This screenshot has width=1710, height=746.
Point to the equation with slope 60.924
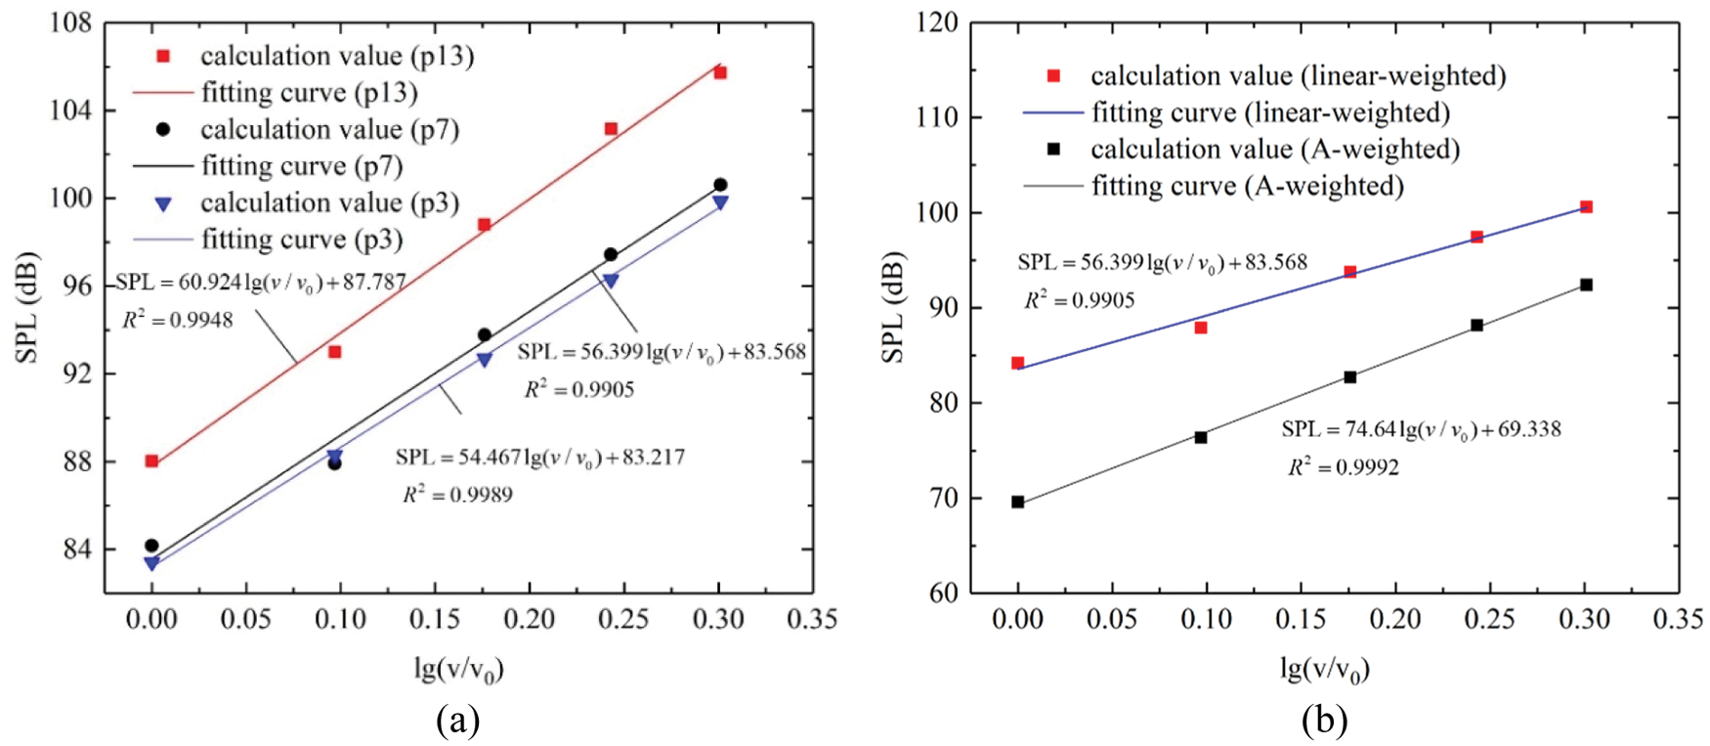(260, 284)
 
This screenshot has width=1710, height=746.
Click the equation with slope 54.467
(540, 458)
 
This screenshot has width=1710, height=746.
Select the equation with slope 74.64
(1421, 429)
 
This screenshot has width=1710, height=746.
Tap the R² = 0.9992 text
(1343, 467)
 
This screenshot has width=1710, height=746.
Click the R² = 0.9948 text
(178, 319)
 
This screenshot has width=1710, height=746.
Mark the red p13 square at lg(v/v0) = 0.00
(151, 461)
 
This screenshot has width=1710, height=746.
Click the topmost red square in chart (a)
(720, 72)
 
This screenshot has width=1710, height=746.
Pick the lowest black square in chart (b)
(1017, 502)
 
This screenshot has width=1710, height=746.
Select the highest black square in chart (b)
(1586, 285)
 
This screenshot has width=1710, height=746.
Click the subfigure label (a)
(457, 722)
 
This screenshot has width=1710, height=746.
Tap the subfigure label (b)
(1324, 722)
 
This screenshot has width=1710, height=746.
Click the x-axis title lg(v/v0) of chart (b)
(1324, 670)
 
